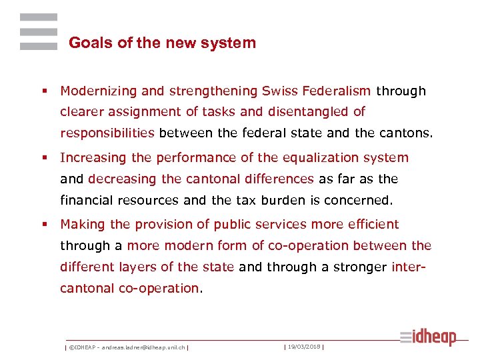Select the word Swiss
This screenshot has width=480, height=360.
(279, 91)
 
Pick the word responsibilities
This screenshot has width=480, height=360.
(107, 133)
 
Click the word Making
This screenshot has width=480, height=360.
(81, 225)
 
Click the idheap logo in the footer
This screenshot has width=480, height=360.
(428, 337)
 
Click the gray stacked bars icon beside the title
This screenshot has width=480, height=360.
(38, 31)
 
